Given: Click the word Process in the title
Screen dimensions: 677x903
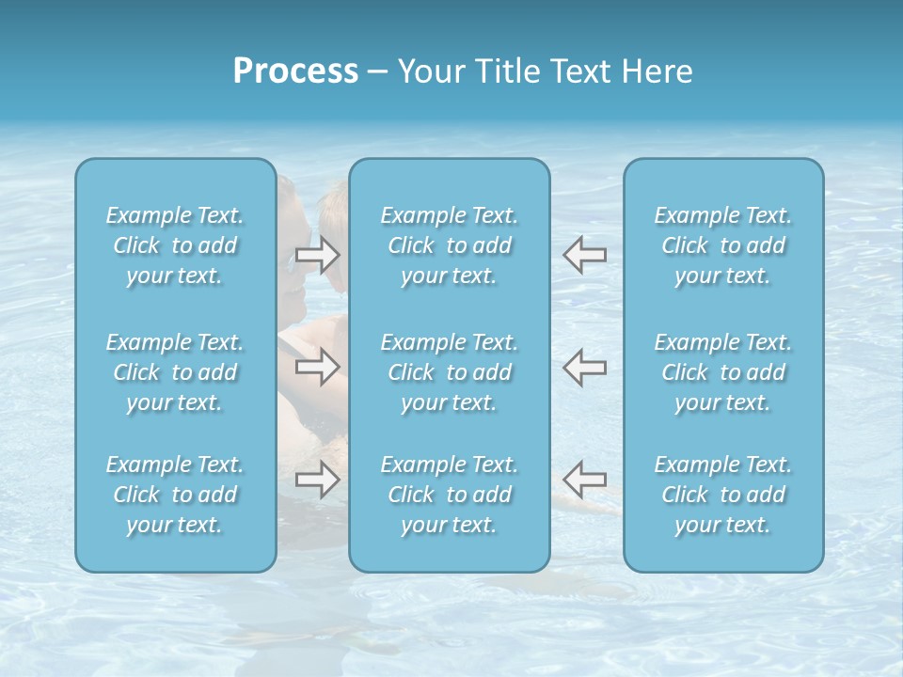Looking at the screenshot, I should pyautogui.click(x=295, y=71).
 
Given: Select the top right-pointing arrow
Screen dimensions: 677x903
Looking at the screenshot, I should pyautogui.click(x=317, y=255).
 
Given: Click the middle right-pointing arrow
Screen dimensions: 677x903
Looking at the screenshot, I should pyautogui.click(x=317, y=367).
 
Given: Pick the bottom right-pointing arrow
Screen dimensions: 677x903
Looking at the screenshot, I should pyautogui.click(x=317, y=480).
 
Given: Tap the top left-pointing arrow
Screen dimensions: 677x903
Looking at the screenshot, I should pyautogui.click(x=585, y=255).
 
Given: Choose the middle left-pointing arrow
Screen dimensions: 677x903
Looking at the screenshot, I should pyautogui.click(x=585, y=367).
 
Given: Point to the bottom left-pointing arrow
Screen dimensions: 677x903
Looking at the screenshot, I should pyautogui.click(x=585, y=480).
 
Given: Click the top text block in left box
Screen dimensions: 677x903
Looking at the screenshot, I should pyautogui.click(x=175, y=245).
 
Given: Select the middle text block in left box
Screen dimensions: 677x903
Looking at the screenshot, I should pyautogui.click(x=175, y=372).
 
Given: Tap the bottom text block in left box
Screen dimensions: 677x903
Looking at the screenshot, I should pyautogui.click(x=175, y=495).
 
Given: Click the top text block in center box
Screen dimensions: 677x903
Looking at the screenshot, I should pyautogui.click(x=450, y=245).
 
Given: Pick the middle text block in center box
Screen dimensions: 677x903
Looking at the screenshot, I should pyautogui.click(x=450, y=372).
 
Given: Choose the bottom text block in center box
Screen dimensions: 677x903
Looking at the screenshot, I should pyautogui.click(x=450, y=495).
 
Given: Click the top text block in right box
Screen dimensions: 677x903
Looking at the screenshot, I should pyautogui.click(x=723, y=245).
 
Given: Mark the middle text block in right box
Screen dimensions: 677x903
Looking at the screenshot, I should pyautogui.click(x=723, y=372).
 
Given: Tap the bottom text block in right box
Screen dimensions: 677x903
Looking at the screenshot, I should pyautogui.click(x=723, y=495).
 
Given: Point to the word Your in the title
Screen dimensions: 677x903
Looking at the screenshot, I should pyautogui.click(x=429, y=71).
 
